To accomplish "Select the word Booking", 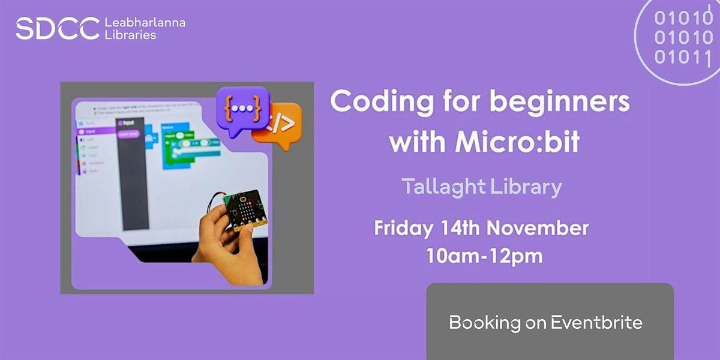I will click(x=476, y=323).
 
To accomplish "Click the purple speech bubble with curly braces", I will click(x=242, y=107).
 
